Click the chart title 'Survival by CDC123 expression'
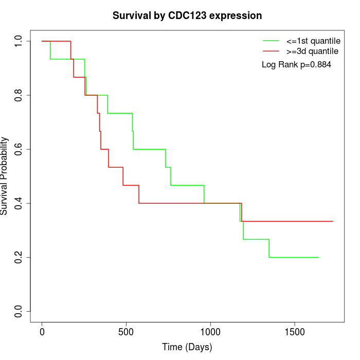(x=187, y=16)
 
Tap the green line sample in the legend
(x=271, y=40)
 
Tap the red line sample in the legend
(x=271, y=51)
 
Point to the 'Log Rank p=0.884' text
(x=297, y=65)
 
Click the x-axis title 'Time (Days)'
(x=187, y=347)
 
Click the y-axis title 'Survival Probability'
(x=5, y=176)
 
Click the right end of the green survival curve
(x=318, y=257)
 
